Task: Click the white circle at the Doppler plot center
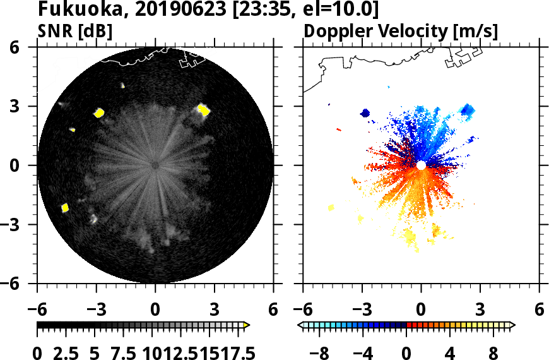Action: click(421, 165)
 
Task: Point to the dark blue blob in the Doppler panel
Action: click(365, 114)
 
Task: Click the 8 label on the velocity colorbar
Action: click(494, 352)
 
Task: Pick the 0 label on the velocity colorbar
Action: click(407, 352)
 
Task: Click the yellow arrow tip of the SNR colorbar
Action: click(247, 325)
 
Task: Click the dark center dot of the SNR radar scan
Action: click(155, 165)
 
